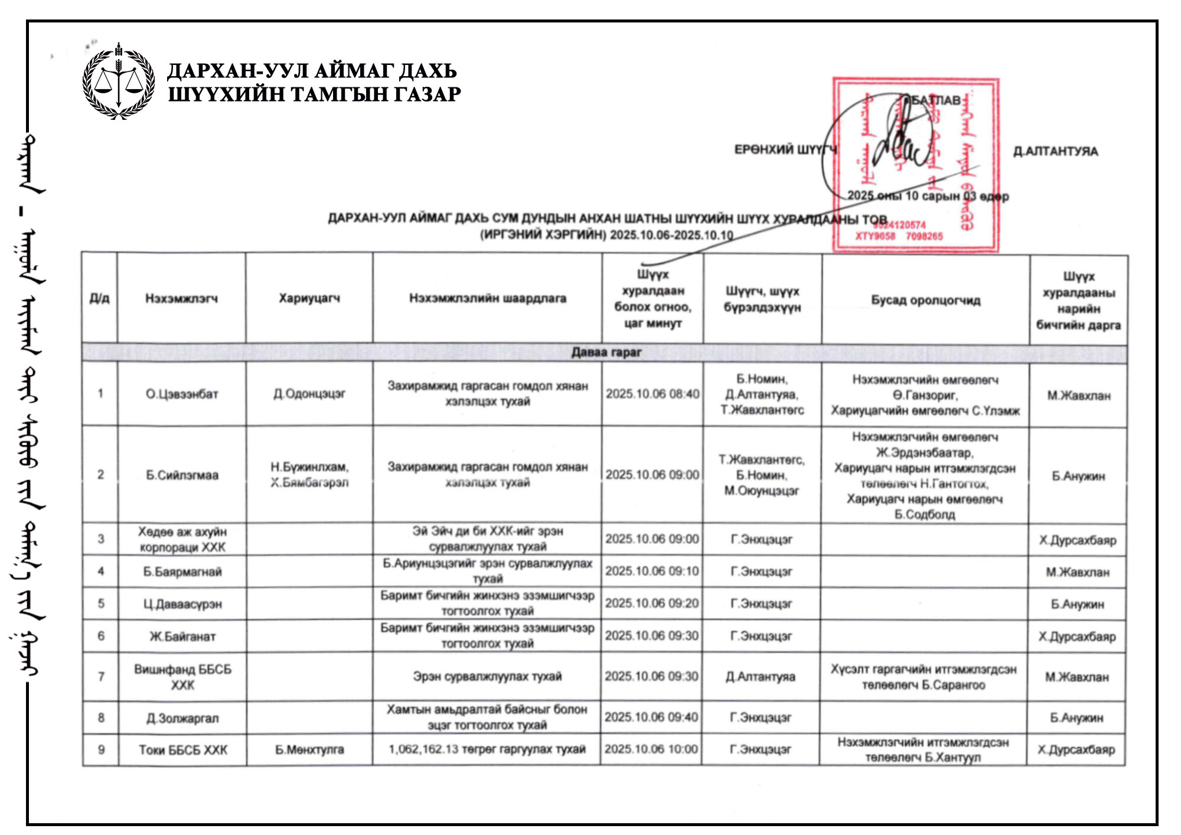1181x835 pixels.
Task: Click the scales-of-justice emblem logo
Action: point(119,81)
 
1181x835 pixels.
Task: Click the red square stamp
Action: point(915,165)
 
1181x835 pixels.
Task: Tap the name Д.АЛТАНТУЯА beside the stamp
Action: point(1055,152)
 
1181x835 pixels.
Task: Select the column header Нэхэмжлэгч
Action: point(181,299)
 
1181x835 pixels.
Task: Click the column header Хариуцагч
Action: point(309,299)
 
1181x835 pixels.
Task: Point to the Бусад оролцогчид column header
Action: point(925,300)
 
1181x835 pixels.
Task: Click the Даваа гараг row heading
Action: point(606,353)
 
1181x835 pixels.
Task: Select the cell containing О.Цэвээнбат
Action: point(182,394)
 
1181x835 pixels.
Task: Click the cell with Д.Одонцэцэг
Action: point(309,394)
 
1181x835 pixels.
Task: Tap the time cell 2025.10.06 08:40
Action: point(653,394)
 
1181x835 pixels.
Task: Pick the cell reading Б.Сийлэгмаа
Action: point(182,475)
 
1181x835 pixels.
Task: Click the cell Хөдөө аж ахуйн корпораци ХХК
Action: point(182,539)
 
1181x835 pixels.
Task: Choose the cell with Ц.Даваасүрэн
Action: point(182,604)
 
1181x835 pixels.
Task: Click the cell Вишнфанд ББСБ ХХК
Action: point(182,677)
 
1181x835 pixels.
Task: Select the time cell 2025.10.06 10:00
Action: point(651,749)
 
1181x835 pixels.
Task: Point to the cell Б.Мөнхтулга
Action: point(309,750)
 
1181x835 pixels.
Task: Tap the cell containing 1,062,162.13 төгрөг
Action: point(487,749)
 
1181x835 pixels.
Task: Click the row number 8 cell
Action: point(101,717)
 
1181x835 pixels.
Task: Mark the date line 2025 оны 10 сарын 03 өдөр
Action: point(928,196)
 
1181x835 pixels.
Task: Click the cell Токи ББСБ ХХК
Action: point(182,750)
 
